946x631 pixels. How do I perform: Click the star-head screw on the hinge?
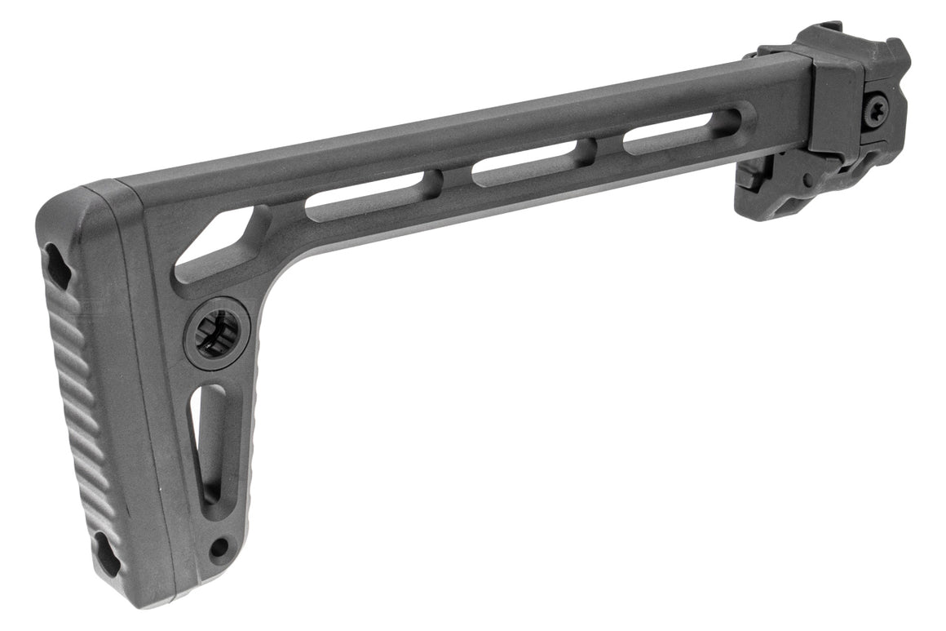(x=877, y=109)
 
